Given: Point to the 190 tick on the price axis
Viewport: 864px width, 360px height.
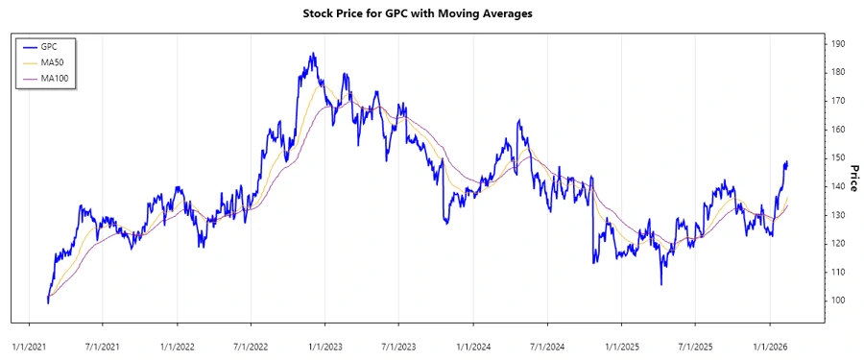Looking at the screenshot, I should (838, 44).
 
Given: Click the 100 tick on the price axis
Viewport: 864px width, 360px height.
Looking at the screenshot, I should (838, 300).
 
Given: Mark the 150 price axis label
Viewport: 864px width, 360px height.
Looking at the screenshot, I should (838, 157).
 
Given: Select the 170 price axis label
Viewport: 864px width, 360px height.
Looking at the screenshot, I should (838, 101).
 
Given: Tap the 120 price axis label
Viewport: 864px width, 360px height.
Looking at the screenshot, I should (838, 244).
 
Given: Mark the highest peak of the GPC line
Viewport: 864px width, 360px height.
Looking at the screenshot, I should (313, 54).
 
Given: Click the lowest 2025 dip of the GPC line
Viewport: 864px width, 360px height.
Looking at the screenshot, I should (660, 284).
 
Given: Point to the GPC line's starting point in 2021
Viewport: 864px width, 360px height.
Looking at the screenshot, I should (47, 302).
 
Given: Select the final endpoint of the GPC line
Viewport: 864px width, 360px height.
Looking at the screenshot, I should (787, 162).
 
